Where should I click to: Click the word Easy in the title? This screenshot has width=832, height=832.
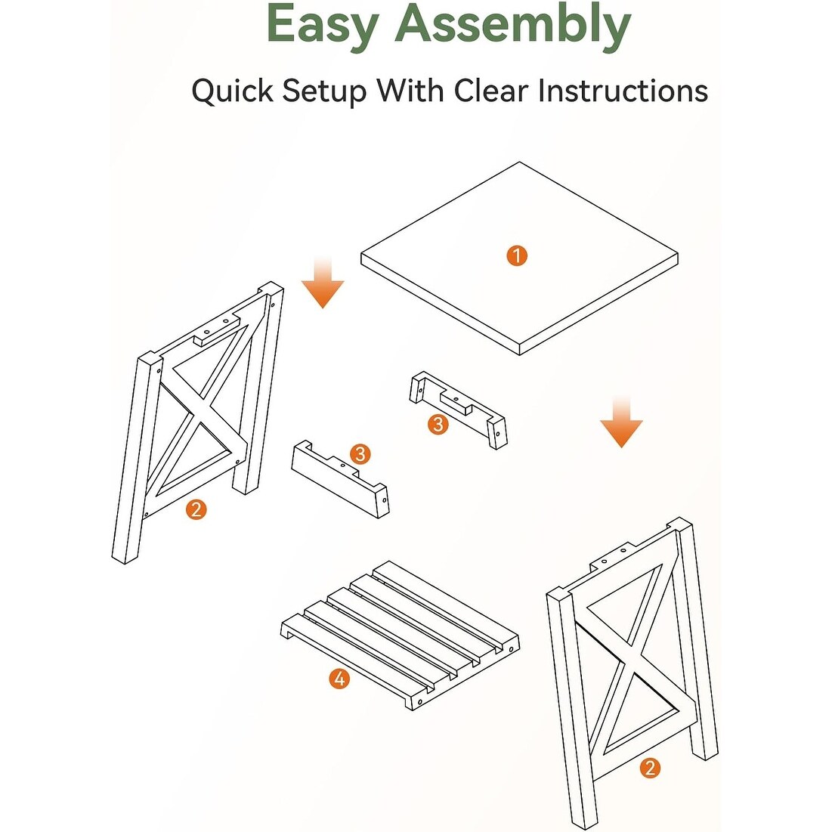point(323,24)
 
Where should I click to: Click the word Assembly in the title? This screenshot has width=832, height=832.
point(513,24)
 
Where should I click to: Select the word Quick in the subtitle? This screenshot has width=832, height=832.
point(233,90)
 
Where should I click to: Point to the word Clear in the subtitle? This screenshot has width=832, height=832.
point(491,90)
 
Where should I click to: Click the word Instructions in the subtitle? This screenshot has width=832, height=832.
point(623,90)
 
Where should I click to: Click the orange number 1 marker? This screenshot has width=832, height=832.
point(517,255)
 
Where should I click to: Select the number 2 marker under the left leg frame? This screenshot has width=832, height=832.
point(196,509)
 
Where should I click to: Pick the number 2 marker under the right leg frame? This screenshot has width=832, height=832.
point(650,768)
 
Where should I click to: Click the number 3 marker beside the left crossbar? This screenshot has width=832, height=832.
point(360,454)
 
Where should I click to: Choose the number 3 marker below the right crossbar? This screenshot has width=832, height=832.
point(438,425)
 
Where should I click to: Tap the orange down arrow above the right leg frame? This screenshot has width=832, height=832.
point(621,422)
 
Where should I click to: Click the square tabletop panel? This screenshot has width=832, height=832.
point(519,258)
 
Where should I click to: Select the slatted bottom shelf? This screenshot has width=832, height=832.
point(400,636)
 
